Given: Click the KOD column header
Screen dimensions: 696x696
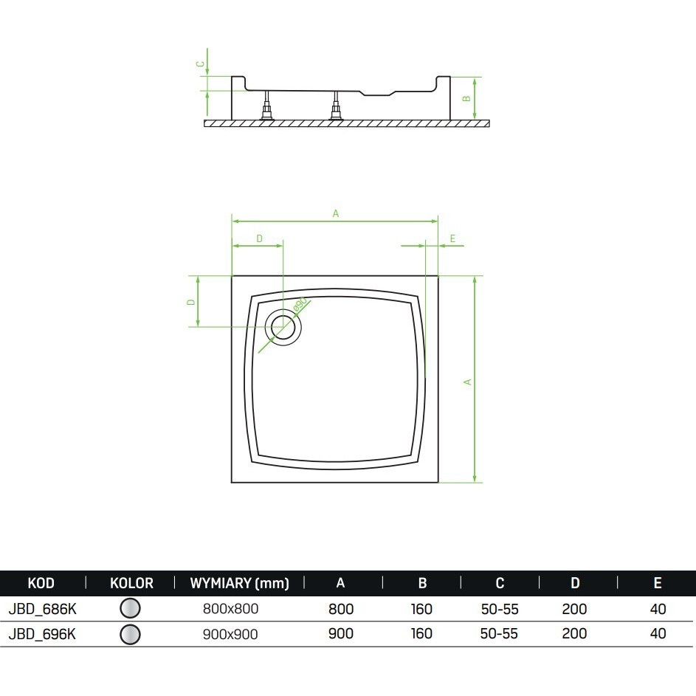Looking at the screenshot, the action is pyautogui.click(x=41, y=583).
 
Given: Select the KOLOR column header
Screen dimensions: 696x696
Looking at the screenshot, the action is pyautogui.click(x=131, y=583).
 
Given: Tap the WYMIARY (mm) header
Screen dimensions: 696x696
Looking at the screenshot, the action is pyautogui.click(x=240, y=583).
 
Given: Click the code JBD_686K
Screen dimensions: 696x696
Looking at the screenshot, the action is pyautogui.click(x=43, y=609).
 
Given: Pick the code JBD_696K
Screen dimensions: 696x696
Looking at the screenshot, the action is pyautogui.click(x=43, y=634).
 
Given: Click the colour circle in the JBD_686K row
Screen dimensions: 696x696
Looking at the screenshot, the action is pyautogui.click(x=130, y=608).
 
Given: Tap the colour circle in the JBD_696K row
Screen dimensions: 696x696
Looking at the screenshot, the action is pyautogui.click(x=130, y=634).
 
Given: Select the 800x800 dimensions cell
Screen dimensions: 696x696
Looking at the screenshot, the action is pyautogui.click(x=230, y=609).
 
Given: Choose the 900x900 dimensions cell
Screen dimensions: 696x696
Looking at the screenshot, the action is pyautogui.click(x=230, y=634).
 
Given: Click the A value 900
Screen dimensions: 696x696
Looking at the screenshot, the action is pyautogui.click(x=341, y=633).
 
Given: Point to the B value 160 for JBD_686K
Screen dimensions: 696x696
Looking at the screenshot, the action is pyautogui.click(x=421, y=609).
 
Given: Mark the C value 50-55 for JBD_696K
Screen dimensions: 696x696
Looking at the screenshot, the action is pyautogui.click(x=500, y=633).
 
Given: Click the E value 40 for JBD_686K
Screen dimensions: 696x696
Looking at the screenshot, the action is pyautogui.click(x=658, y=609).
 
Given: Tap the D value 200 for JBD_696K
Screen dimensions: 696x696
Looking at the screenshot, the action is pyautogui.click(x=574, y=633).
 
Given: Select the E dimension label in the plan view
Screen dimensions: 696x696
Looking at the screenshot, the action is pyautogui.click(x=452, y=238).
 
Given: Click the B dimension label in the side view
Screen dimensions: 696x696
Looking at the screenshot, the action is pyautogui.click(x=466, y=99).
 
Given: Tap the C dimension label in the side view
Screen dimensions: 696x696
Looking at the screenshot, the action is pyautogui.click(x=201, y=64).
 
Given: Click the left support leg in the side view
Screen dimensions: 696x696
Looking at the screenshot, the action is pyautogui.click(x=266, y=106).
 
